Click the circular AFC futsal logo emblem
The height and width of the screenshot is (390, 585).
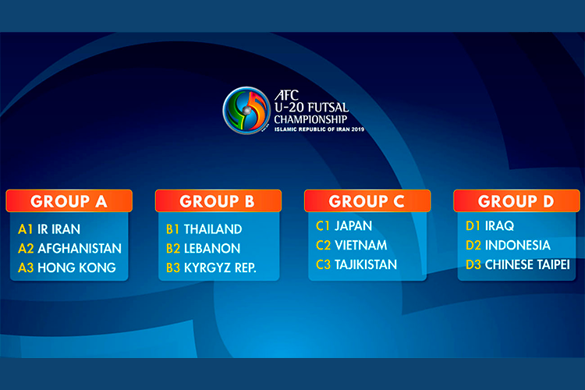(x=246, y=111)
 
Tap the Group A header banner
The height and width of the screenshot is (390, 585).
(x=69, y=200)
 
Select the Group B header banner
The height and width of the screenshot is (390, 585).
(x=218, y=200)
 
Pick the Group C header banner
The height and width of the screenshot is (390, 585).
(x=367, y=200)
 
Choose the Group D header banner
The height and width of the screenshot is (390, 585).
(x=516, y=200)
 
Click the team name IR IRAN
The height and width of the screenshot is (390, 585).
(x=59, y=229)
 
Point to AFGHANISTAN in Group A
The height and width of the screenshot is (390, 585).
(x=80, y=249)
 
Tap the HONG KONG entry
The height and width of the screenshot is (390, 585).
(x=77, y=268)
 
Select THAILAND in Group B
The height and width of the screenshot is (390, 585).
(x=213, y=229)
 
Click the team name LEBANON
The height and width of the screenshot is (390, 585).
(x=212, y=249)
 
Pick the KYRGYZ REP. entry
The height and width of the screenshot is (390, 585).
(x=220, y=268)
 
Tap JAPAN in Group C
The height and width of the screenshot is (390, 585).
(x=353, y=225)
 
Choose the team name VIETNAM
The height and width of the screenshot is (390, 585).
(x=361, y=245)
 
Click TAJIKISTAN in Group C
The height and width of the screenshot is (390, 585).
(x=366, y=264)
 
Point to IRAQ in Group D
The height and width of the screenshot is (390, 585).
(x=499, y=225)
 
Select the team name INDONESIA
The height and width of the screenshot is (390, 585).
(x=518, y=245)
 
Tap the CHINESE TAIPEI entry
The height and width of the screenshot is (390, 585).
(x=527, y=264)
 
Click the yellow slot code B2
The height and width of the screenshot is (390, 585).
(x=173, y=249)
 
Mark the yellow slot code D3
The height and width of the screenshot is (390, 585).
(x=473, y=264)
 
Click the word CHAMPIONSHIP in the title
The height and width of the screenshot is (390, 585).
(x=310, y=119)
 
